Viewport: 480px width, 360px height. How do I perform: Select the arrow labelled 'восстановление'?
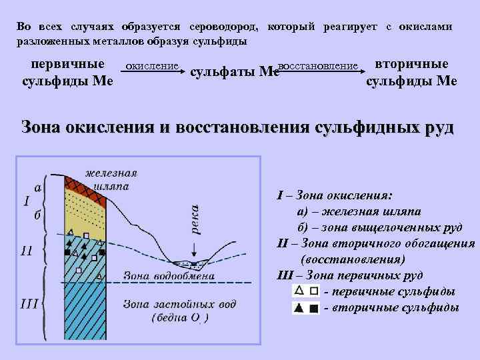317,71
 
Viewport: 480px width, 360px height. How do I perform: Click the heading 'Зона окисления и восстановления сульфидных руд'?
238,127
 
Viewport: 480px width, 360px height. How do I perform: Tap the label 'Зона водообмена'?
169,275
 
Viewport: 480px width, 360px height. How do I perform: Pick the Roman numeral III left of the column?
29,304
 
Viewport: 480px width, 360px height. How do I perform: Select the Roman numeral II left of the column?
27,251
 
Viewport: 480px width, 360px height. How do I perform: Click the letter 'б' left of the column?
37,215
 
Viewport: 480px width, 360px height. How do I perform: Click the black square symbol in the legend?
313,307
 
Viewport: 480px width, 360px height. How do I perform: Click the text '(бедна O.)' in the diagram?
180,318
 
